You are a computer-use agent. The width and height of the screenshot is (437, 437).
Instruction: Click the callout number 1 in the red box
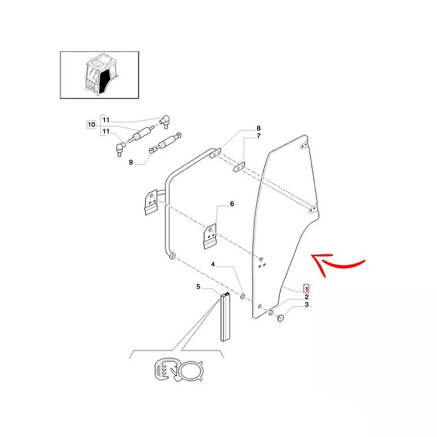(x=306, y=289)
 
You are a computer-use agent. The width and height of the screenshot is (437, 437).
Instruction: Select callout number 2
(x=306, y=297)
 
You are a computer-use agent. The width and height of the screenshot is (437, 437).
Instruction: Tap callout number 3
(x=306, y=305)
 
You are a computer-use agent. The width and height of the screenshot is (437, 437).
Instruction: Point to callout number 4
(x=213, y=264)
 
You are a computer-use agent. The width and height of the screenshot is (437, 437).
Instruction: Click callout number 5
(x=198, y=286)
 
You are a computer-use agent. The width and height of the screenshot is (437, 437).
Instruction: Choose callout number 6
(x=232, y=204)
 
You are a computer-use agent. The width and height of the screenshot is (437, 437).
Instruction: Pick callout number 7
(x=258, y=136)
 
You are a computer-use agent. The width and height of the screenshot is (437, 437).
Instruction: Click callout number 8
(x=258, y=128)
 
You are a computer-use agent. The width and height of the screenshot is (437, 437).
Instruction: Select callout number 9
(x=131, y=162)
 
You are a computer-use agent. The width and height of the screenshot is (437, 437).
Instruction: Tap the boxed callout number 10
(x=91, y=125)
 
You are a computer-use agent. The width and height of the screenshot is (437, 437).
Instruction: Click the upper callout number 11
(x=106, y=120)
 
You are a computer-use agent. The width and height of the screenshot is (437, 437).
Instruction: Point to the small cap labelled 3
(x=280, y=317)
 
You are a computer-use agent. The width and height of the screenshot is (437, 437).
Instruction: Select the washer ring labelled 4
(x=243, y=296)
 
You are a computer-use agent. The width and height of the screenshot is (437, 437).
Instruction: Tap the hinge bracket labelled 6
(x=210, y=236)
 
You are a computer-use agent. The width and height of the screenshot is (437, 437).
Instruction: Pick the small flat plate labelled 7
(x=239, y=168)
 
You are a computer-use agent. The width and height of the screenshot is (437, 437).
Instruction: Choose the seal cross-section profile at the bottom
(x=179, y=371)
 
